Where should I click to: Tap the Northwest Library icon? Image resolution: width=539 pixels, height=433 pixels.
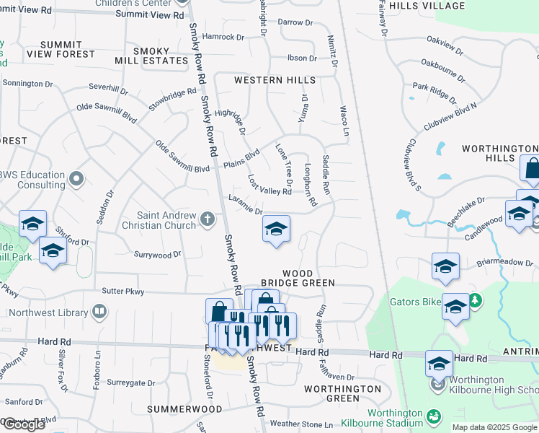[x=99, y=312]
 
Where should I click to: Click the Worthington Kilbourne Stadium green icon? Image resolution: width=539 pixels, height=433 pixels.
[x=432, y=417]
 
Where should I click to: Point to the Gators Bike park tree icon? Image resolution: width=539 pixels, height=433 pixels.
[x=474, y=299]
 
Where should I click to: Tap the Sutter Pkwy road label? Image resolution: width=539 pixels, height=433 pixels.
[x=123, y=292]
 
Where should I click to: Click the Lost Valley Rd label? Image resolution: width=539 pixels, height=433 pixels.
[x=269, y=185]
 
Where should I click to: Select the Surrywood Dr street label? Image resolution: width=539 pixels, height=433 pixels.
[x=158, y=255]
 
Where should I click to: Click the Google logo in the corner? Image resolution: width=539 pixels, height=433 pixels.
[x=23, y=424]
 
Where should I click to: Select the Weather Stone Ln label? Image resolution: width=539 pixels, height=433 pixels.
[x=301, y=424]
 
